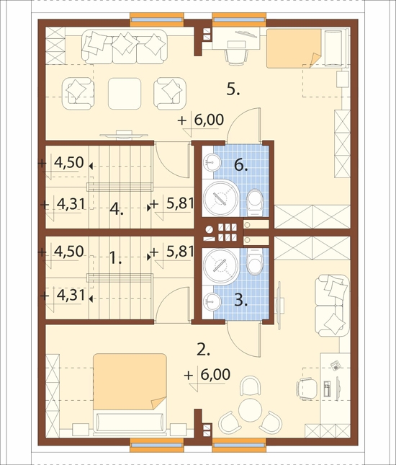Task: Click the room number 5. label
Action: tap(233, 89)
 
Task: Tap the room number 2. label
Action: tap(203, 350)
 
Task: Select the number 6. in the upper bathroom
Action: tap(240, 165)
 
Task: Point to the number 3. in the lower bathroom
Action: tap(240, 301)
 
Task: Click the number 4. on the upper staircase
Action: tap(116, 209)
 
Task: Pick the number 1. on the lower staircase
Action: tap(115, 257)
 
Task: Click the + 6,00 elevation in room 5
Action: tap(200, 120)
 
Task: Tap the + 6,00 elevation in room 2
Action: tap(207, 375)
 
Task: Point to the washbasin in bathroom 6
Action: tap(212, 162)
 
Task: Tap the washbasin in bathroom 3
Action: tap(212, 302)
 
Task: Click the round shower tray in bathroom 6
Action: tap(220, 198)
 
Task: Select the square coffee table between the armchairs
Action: tap(125, 94)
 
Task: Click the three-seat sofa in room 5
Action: tap(125, 47)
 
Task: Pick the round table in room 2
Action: tap(251, 410)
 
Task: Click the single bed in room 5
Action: tap(307, 48)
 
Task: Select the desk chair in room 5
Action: tap(236, 56)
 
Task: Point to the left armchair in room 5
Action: tap(78, 94)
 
